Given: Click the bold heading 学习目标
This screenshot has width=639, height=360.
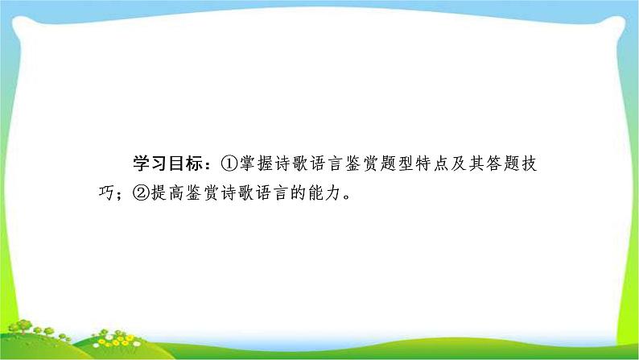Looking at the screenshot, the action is pyautogui.click(x=167, y=164).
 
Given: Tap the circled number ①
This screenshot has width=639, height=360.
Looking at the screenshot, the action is pyautogui.click(x=229, y=164).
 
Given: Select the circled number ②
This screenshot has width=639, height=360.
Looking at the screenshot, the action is pyautogui.click(x=141, y=192).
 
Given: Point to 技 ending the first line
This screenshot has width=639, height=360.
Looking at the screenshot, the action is pyautogui.click(x=529, y=164).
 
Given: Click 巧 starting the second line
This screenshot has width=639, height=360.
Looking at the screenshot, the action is pyautogui.click(x=106, y=192).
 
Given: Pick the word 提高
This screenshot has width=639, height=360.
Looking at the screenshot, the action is pyautogui.click(x=167, y=192).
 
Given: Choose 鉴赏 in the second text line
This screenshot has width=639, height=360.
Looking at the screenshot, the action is pyautogui.click(x=203, y=192).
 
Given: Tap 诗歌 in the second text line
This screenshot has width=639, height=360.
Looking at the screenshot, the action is pyautogui.click(x=237, y=192).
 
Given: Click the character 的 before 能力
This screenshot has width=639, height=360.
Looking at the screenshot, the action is pyautogui.click(x=299, y=192).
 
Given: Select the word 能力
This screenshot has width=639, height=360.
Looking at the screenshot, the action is pyautogui.click(x=325, y=192).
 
